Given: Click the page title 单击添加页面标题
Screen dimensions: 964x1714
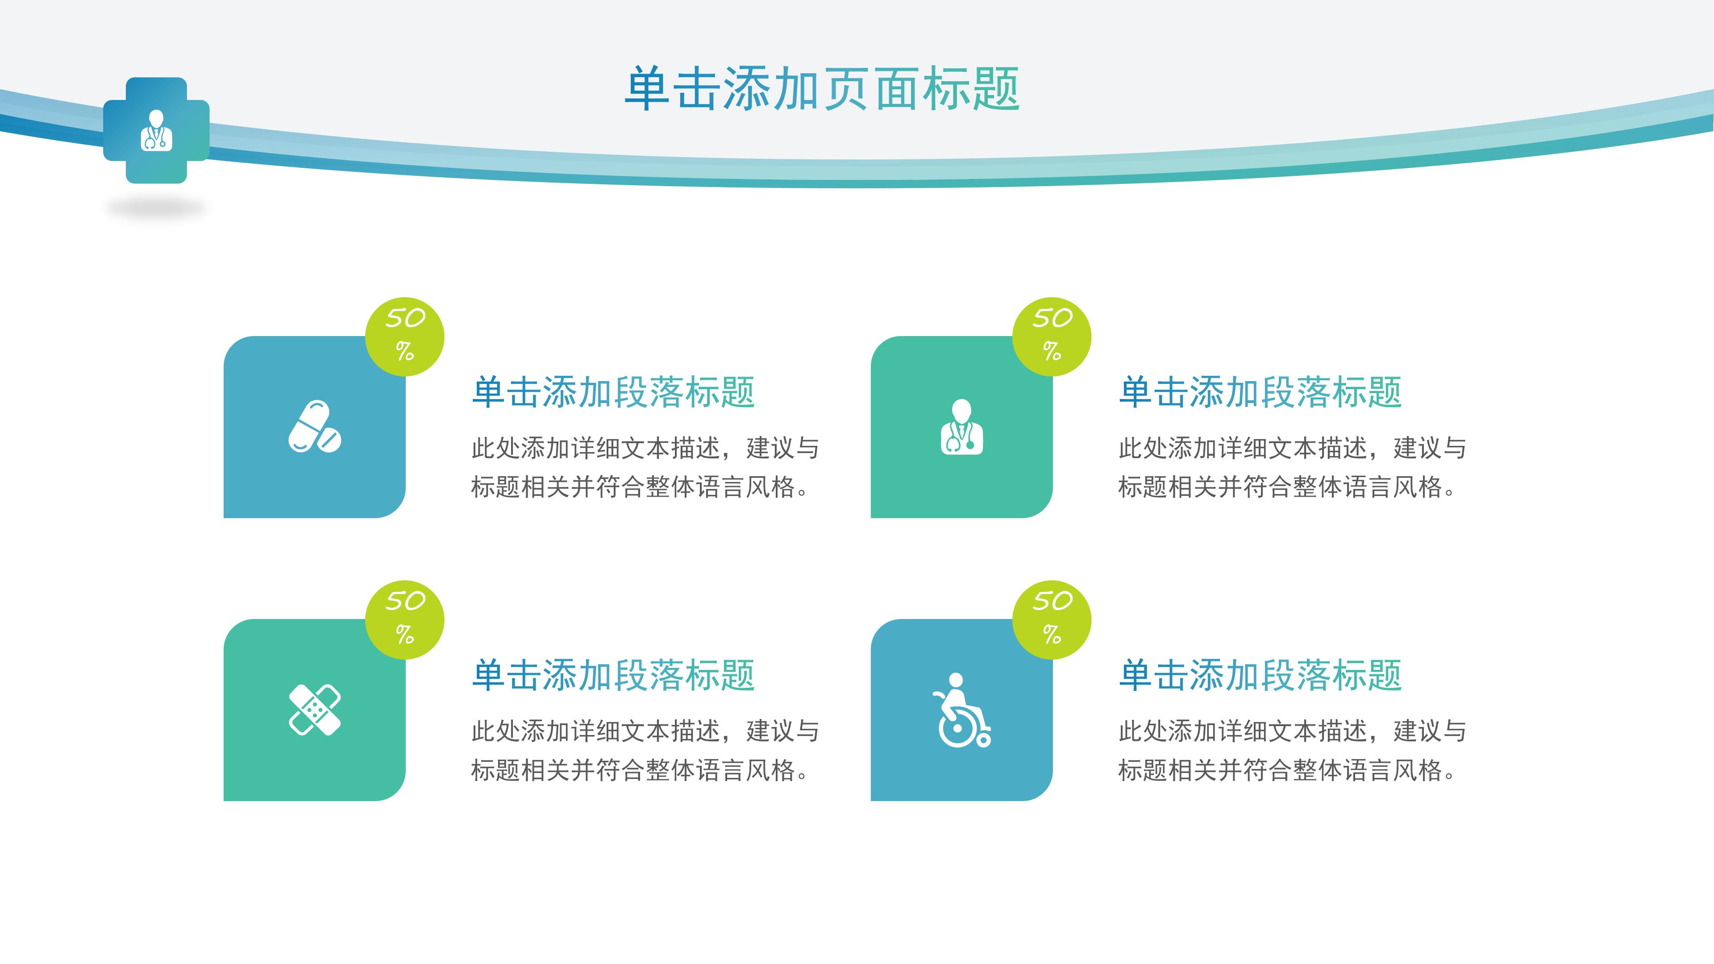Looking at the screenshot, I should click(x=822, y=88).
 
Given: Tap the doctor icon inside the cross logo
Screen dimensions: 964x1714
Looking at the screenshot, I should click(x=156, y=131).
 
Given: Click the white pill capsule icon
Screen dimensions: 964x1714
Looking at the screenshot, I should click(x=315, y=427).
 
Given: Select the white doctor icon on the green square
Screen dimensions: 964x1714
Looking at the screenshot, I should click(x=961, y=427).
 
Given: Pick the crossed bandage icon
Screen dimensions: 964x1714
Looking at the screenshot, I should click(x=315, y=710).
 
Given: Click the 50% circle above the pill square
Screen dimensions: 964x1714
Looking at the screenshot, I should click(x=404, y=336).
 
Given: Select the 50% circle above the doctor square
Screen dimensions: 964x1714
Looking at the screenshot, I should click(x=1051, y=336).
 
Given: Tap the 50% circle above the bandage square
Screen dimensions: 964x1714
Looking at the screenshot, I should click(x=404, y=619).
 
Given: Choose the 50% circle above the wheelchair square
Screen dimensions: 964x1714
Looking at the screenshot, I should click(x=1051, y=619).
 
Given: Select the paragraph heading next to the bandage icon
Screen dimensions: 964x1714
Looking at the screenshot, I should click(x=613, y=675).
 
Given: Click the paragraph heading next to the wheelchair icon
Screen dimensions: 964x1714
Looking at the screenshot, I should click(x=1260, y=675).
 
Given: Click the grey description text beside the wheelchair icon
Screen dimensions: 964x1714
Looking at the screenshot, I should click(x=1291, y=750).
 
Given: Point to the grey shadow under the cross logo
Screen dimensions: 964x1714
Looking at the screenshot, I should click(x=156, y=209).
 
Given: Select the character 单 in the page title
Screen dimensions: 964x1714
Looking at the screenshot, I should click(x=647, y=88).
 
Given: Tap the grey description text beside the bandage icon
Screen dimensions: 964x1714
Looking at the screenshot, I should click(x=644, y=750).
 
